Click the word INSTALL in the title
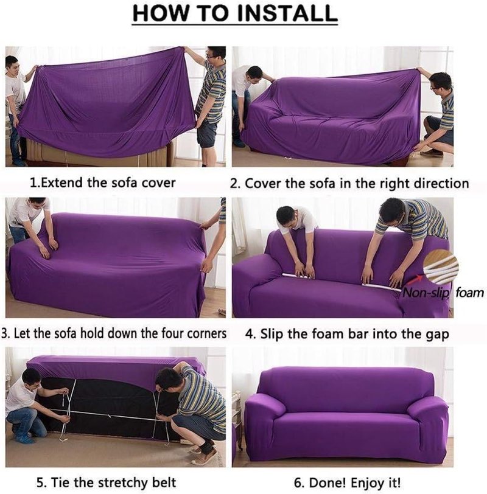pyautogui.click(x=287, y=13)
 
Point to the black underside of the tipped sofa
pyautogui.click(x=107, y=406)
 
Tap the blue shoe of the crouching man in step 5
pyautogui.click(x=24, y=439)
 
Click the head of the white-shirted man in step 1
pyautogui.click(x=12, y=64)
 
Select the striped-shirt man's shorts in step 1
pyautogui.click(x=207, y=133)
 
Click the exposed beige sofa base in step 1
pyautogui.click(x=98, y=155)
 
